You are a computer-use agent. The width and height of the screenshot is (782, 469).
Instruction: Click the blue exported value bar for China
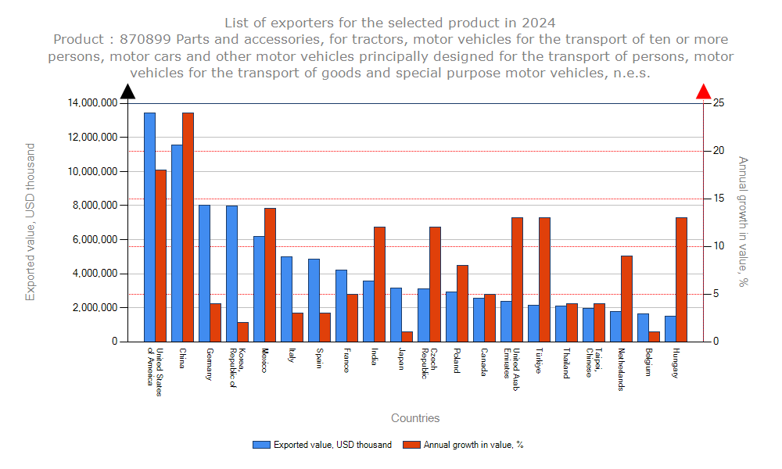click(177, 242)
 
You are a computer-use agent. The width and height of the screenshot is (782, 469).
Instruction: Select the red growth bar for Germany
click(215, 322)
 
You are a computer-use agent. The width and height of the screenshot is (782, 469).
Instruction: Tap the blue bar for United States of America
click(149, 227)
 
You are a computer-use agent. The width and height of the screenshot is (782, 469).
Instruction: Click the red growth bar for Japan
click(407, 336)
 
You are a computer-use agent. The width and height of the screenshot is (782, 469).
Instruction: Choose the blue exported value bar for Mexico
click(259, 288)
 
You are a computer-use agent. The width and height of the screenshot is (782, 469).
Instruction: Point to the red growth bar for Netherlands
click(626, 298)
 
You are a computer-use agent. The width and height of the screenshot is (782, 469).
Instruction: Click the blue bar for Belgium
click(643, 328)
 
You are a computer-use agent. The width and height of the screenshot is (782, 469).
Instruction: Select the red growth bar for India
click(379, 284)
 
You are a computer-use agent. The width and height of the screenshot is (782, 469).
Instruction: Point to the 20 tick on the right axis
click(718, 151)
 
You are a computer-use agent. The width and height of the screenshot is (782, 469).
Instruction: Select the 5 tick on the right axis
click(716, 294)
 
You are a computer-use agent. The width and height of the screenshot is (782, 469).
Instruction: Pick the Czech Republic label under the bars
click(429, 363)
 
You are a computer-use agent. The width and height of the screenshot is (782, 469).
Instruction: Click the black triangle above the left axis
click(128, 91)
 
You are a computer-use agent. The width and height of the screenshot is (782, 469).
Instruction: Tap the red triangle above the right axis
click(704, 91)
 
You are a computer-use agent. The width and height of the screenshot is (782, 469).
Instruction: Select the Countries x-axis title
click(415, 418)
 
